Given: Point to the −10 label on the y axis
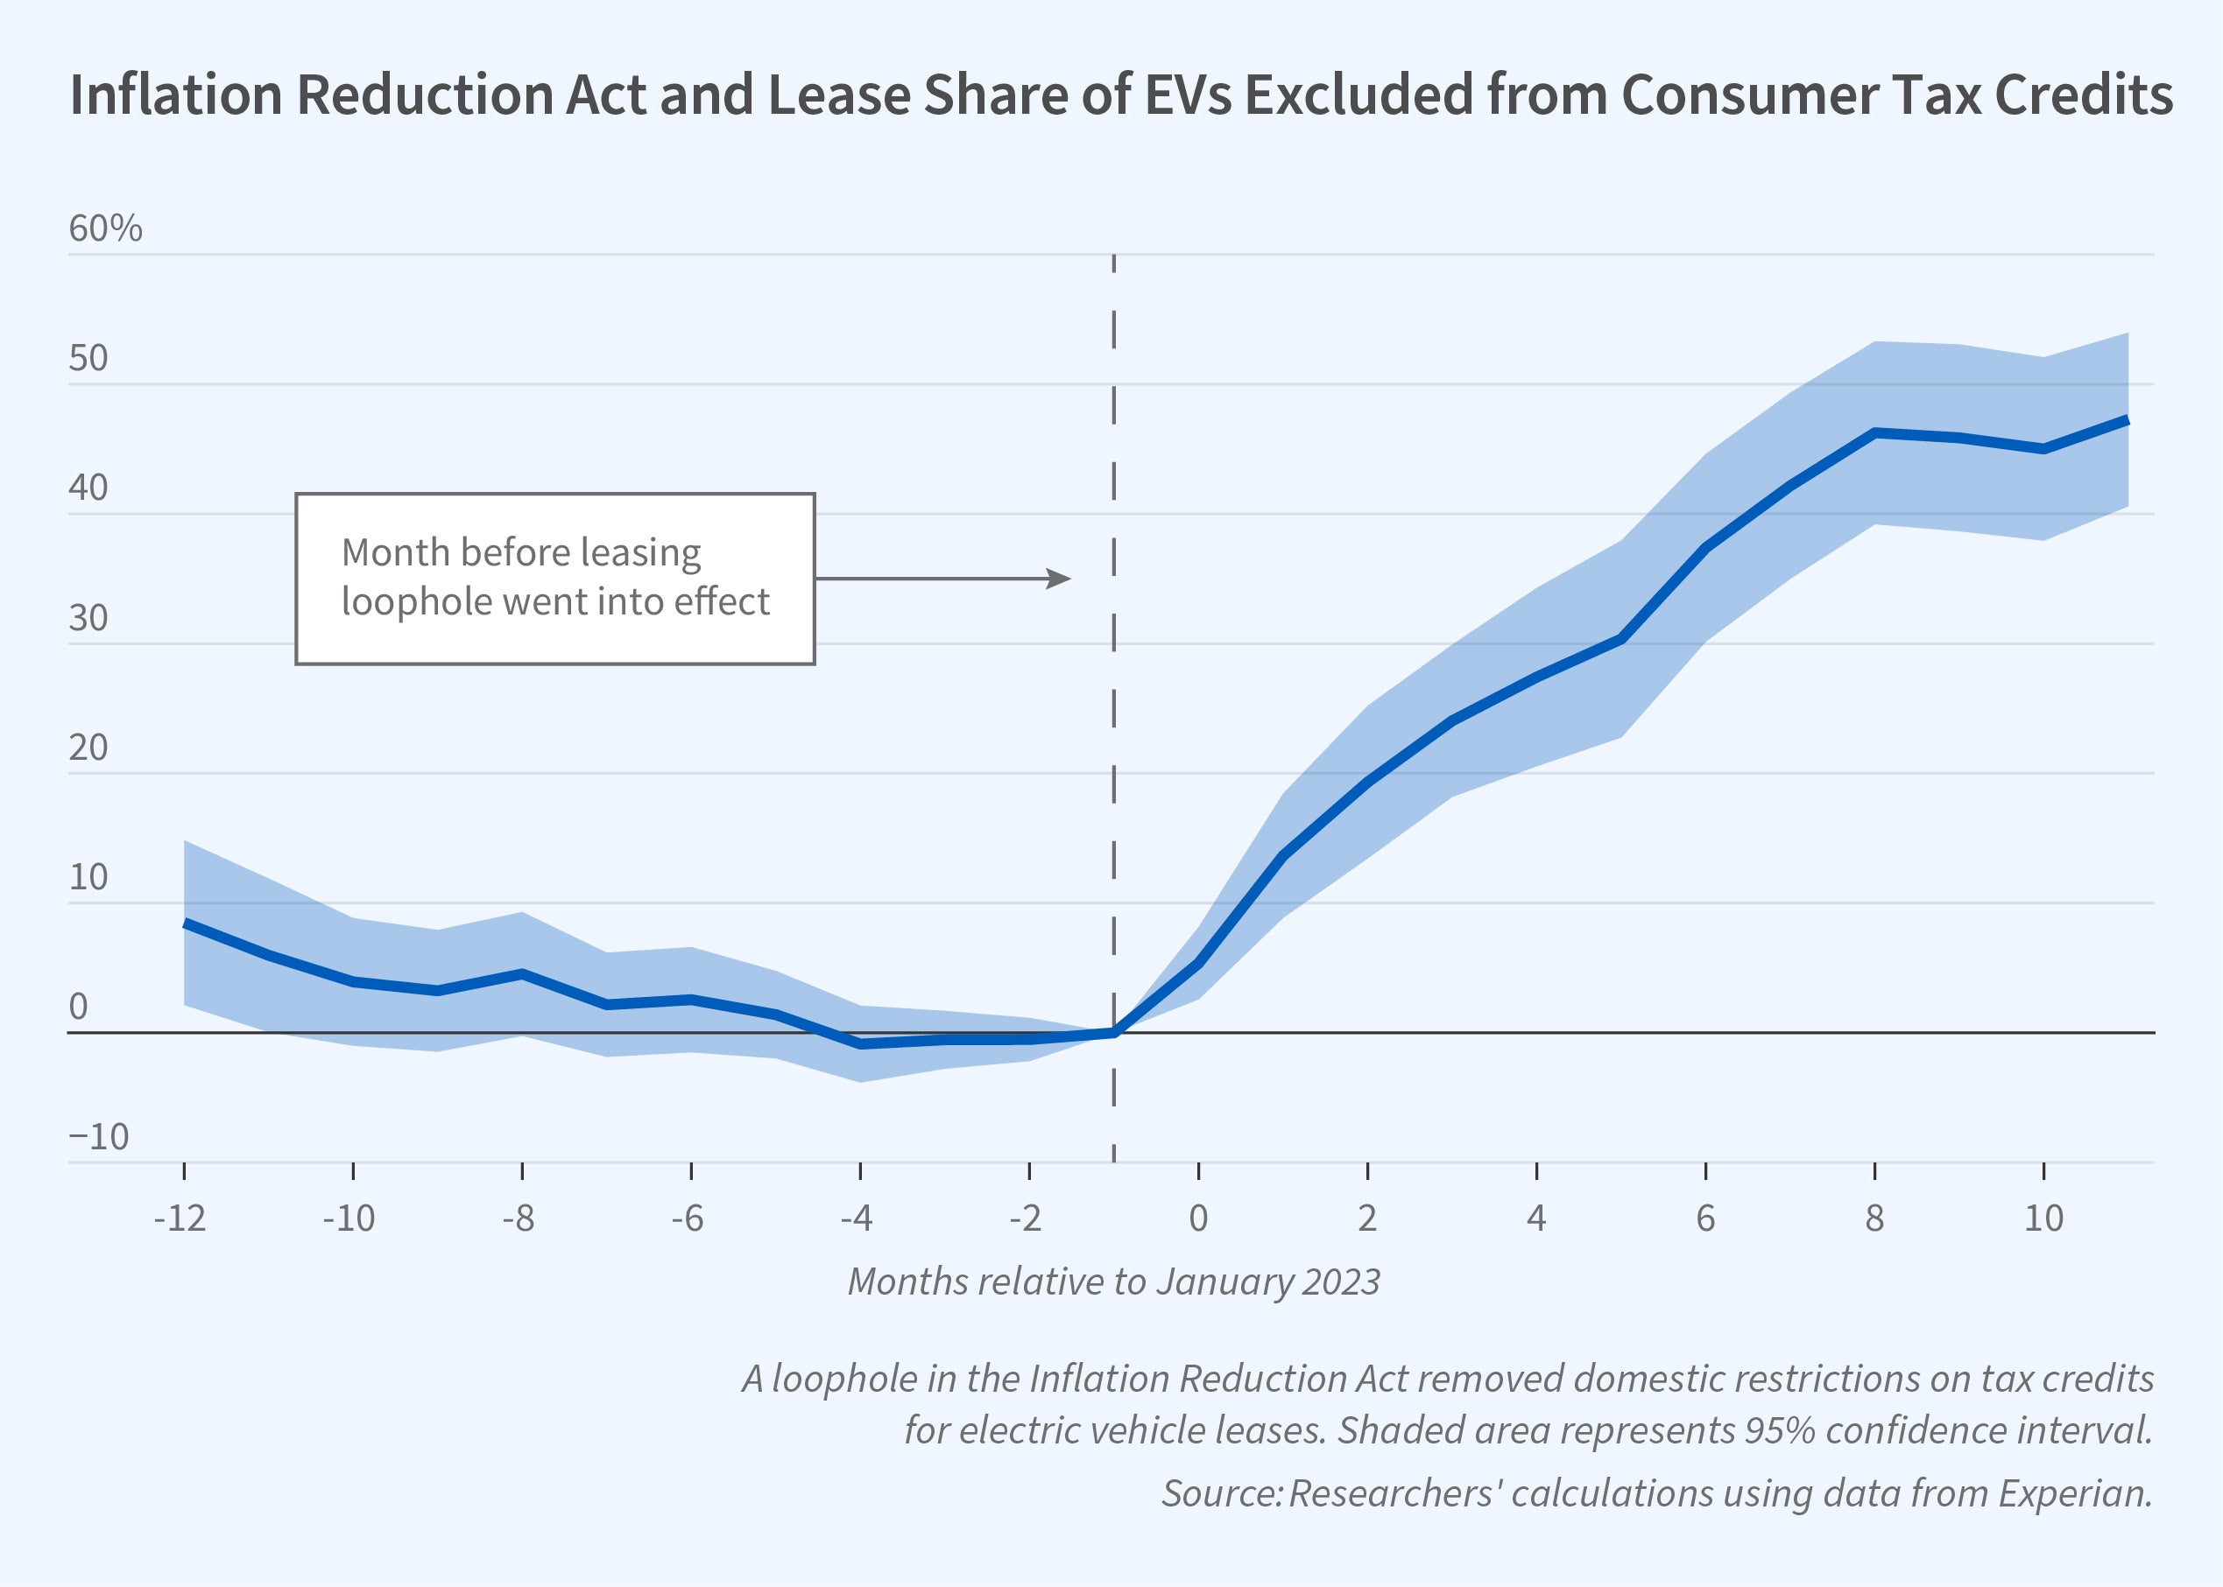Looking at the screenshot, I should pyautogui.click(x=99, y=1136).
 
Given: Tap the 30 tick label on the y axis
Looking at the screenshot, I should pyautogui.click(x=88, y=618).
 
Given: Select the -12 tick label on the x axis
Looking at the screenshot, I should pyautogui.click(x=180, y=1218).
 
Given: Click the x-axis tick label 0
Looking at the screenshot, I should pyautogui.click(x=1197, y=1218).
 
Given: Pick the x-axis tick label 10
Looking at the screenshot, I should pyautogui.click(x=2043, y=1218).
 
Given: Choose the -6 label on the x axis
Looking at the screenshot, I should pyautogui.click(x=688, y=1218).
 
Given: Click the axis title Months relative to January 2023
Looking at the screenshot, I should pyautogui.click(x=1113, y=1282).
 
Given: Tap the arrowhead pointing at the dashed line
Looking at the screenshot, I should pyautogui.click(x=1061, y=579).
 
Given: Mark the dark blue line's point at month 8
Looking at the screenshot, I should pyautogui.click(x=1875, y=432).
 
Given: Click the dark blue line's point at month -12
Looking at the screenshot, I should pyautogui.click(x=186, y=923).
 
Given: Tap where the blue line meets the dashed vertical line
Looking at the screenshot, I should pyautogui.click(x=1114, y=1032).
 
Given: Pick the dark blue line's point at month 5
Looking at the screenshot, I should pyautogui.click(x=1620, y=639).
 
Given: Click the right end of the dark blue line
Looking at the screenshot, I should pyautogui.click(x=2127, y=420).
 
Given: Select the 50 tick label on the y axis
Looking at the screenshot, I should pyautogui.click(x=88, y=359).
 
